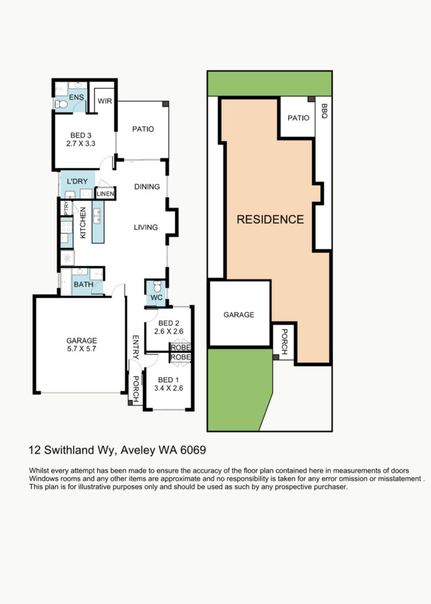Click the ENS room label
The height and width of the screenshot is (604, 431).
click(x=76, y=97)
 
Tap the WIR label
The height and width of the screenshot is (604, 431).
click(x=105, y=101)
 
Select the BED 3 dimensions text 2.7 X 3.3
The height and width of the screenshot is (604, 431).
click(x=81, y=144)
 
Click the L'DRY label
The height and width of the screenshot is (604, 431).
click(x=77, y=181)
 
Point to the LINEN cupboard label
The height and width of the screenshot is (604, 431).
click(x=105, y=193)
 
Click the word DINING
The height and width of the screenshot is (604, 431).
click(x=147, y=186)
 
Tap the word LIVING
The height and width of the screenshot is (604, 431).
click(x=146, y=227)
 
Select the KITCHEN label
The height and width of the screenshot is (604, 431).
click(x=83, y=223)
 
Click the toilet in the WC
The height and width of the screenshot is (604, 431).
click(x=157, y=287)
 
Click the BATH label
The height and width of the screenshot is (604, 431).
click(x=84, y=284)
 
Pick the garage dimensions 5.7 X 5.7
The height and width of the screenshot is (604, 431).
click(x=81, y=349)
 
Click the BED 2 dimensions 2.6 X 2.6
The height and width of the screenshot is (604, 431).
click(x=169, y=331)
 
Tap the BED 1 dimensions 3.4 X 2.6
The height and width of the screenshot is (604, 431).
click(x=169, y=388)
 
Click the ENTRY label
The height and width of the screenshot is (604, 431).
click(x=136, y=347)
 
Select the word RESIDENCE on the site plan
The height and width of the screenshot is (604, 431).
click(x=271, y=219)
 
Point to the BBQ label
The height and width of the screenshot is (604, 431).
click(x=324, y=111)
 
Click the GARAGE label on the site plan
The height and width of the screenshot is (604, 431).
click(x=239, y=315)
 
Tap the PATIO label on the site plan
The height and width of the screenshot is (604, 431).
click(x=298, y=118)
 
